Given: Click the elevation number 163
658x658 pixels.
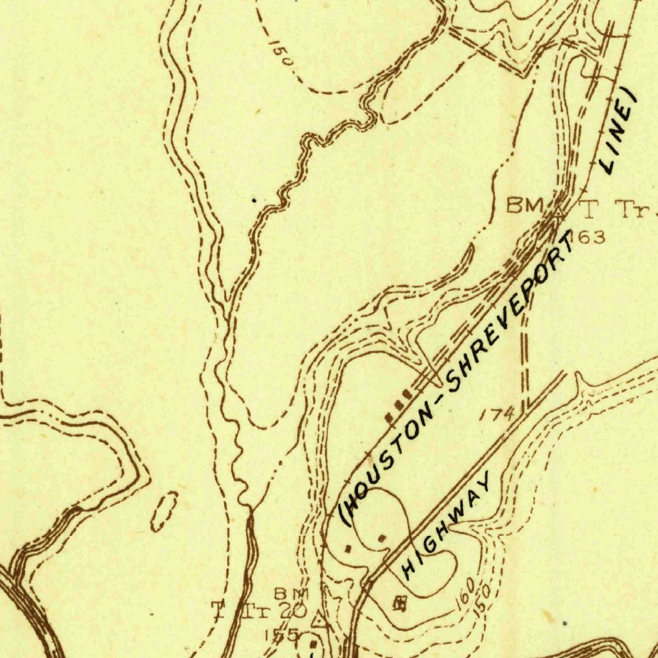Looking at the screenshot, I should tap(586, 238).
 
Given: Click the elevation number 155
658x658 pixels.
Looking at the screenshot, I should tap(282, 635).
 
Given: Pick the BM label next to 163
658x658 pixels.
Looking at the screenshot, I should tap(525, 206).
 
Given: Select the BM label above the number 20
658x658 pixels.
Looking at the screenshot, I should tap(292, 592).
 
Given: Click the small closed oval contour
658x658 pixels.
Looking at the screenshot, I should tap(164, 511).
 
